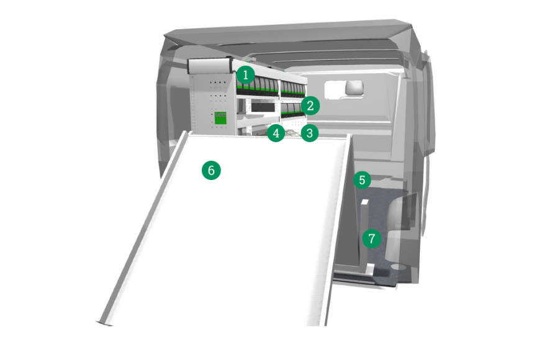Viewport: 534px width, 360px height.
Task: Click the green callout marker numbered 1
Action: (x=245, y=74)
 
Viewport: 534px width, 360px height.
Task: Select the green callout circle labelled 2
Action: (x=310, y=106)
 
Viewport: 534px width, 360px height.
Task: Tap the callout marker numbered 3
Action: (x=309, y=133)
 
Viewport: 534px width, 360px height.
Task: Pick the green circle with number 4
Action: (x=276, y=133)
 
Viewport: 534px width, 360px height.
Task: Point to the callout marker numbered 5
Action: (x=362, y=180)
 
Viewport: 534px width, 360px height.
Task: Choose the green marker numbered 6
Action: (x=211, y=170)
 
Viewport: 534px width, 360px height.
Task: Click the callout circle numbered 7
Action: (x=371, y=238)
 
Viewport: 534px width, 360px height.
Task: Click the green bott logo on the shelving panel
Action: (x=220, y=118)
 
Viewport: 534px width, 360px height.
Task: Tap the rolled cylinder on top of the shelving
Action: (x=210, y=65)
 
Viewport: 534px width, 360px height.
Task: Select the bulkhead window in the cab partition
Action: (x=344, y=90)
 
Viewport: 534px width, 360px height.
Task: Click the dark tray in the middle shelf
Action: (x=263, y=107)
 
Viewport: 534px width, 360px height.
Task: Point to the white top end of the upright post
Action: (x=364, y=202)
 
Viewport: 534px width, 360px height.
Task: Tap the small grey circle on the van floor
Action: (x=399, y=267)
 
